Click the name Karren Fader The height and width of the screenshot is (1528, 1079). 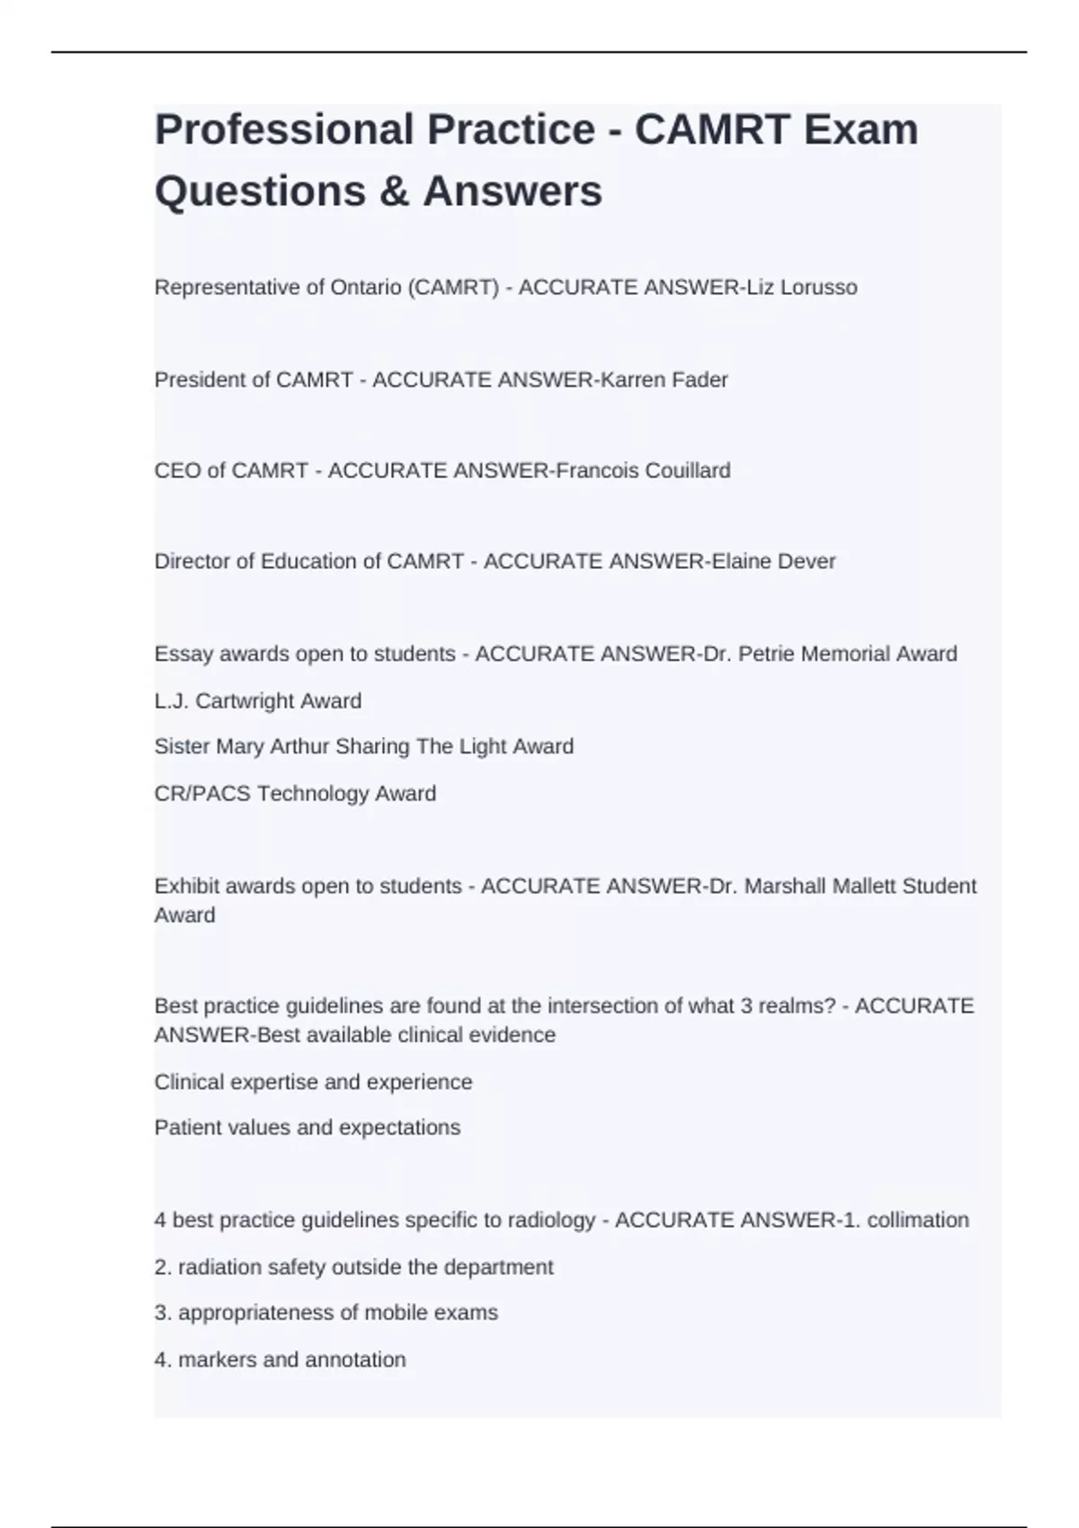click(x=664, y=380)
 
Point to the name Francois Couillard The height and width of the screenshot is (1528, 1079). click(x=643, y=471)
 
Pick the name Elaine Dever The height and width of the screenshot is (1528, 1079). click(x=773, y=562)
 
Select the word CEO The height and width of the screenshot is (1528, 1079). click(x=177, y=471)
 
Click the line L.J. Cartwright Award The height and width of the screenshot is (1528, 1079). click(x=258, y=701)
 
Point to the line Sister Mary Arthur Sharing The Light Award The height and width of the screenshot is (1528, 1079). click(x=363, y=747)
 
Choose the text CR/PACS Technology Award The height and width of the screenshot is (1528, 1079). click(x=295, y=794)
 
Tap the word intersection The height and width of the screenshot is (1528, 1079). click(x=602, y=1006)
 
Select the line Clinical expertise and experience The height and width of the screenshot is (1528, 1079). click(x=313, y=1082)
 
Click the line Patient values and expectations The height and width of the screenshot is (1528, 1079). click(x=307, y=1128)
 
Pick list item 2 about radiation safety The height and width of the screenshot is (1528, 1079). click(x=353, y=1267)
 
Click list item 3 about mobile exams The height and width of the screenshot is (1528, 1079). click(x=325, y=1313)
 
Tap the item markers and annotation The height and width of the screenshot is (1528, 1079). click(x=280, y=1360)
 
